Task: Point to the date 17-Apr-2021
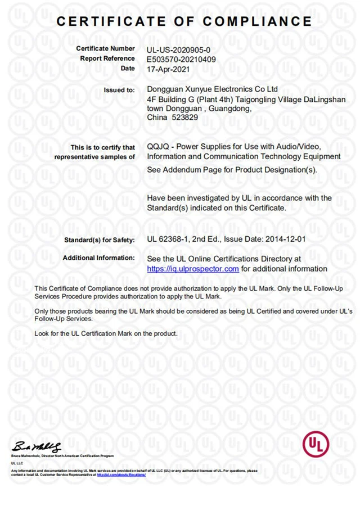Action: coord(168,69)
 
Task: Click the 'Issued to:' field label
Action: coord(119,90)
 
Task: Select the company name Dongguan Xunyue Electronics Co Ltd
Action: coord(212,89)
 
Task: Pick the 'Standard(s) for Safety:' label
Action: coord(99,240)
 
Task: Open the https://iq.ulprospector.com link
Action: coord(193,269)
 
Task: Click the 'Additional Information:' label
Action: coord(99,258)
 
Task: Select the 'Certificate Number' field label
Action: coord(105,49)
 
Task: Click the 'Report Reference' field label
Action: coord(107,58)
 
